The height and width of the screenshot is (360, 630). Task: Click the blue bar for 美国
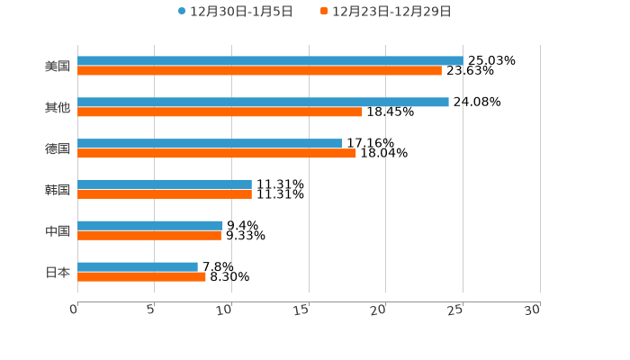click(270, 60)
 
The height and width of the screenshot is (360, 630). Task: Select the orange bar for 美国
click(259, 70)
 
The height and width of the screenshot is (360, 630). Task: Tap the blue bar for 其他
click(263, 102)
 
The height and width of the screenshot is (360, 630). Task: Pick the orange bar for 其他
click(220, 112)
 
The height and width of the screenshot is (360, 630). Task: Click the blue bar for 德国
click(210, 143)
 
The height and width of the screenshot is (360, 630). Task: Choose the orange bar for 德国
click(217, 153)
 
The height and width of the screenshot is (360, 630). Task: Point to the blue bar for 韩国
click(165, 184)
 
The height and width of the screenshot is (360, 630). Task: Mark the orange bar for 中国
click(149, 236)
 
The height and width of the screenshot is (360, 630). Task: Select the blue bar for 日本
click(138, 266)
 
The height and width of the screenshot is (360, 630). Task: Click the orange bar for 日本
click(141, 276)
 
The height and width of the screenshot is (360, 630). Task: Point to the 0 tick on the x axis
click(75, 310)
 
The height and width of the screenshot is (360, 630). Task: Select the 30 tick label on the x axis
click(533, 310)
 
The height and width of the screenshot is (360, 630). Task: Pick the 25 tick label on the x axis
click(456, 310)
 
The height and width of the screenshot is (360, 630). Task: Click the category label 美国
click(57, 66)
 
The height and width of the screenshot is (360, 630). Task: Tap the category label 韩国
click(57, 190)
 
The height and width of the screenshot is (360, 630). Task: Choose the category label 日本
click(57, 272)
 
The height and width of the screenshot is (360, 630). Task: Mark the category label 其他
click(57, 107)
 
